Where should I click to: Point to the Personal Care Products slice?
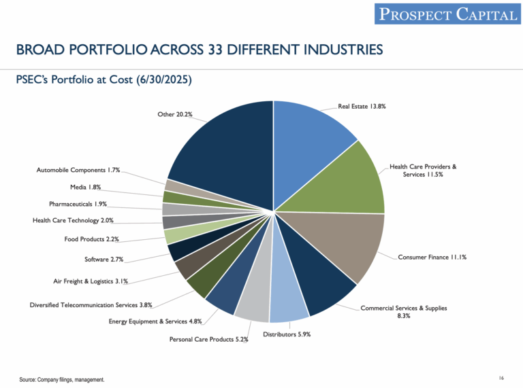pyautogui.click(x=253, y=303)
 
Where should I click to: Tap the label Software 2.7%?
pyautogui.click(x=103, y=260)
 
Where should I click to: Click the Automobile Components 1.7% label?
pyautogui.click(x=78, y=170)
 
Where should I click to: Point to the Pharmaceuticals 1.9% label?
pyautogui.click(x=78, y=204)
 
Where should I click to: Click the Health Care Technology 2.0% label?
pyautogui.click(x=73, y=220)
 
